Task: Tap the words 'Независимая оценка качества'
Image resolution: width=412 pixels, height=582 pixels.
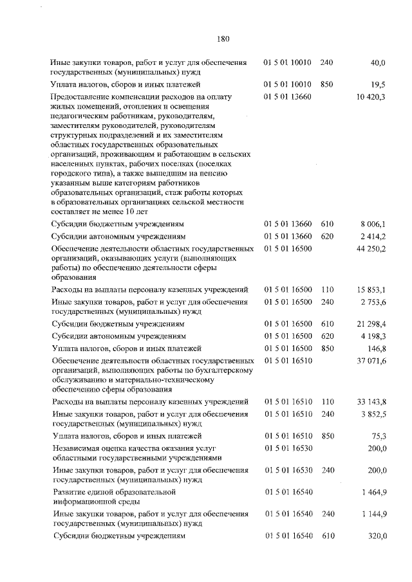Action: tap(106, 448)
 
